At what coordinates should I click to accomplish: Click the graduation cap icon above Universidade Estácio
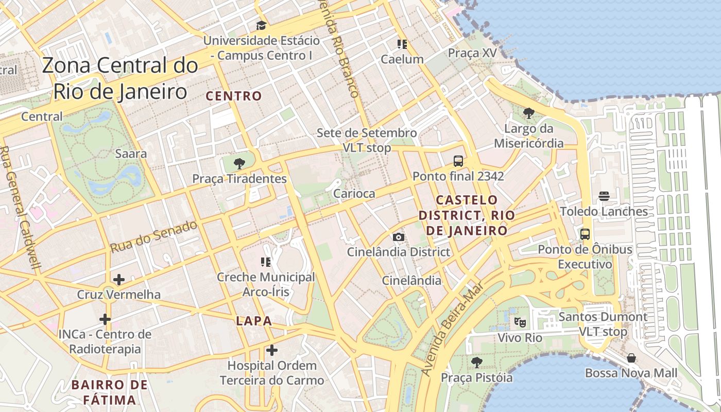point(261,25)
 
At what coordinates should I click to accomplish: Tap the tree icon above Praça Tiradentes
point(239,164)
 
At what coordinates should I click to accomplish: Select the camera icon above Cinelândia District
point(398,237)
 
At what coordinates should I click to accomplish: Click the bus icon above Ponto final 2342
point(458,161)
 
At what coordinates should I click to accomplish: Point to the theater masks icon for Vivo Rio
point(520,322)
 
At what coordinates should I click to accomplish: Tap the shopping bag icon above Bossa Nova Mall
point(631,357)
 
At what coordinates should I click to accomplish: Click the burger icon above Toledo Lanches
point(604,196)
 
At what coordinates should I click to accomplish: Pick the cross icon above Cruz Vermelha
point(119,280)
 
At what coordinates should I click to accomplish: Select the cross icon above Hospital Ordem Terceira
point(272,351)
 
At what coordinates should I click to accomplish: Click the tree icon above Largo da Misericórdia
point(528,113)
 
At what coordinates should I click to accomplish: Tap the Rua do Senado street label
point(153,236)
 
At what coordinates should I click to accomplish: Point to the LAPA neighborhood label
point(254,321)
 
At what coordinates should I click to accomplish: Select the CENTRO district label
point(234,96)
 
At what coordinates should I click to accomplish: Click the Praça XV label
point(472,53)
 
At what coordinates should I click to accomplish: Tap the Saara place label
point(131,153)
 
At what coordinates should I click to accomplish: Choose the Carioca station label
point(354,194)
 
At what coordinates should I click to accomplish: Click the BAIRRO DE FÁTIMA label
point(109,392)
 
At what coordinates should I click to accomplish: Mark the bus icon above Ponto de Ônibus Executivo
point(585,234)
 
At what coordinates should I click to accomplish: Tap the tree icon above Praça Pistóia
point(476,362)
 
